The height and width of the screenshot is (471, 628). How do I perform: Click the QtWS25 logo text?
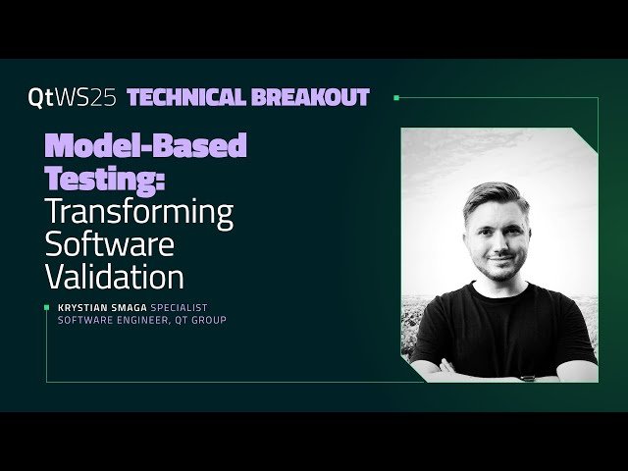[74, 97]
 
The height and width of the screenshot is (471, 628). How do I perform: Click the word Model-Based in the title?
[145, 147]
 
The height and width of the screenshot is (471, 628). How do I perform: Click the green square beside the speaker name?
[48, 307]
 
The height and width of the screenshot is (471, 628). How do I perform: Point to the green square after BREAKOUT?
[395, 97]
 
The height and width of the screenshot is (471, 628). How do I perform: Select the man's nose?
[498, 237]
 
